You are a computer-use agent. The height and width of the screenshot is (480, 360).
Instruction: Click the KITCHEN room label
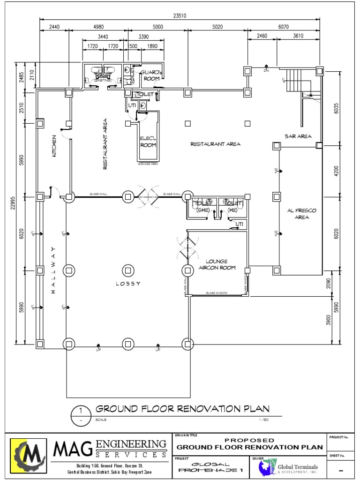click(x=54, y=146)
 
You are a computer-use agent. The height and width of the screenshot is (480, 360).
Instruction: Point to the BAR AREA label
click(x=298, y=136)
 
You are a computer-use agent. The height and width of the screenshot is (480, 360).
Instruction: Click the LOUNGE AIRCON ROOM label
click(x=217, y=264)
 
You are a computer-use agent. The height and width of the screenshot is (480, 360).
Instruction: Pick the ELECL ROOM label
click(x=148, y=142)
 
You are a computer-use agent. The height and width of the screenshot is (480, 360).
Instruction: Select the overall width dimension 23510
click(x=180, y=15)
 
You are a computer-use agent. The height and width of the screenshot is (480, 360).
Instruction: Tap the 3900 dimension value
click(x=329, y=320)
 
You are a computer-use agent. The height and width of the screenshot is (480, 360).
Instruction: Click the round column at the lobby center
click(x=127, y=270)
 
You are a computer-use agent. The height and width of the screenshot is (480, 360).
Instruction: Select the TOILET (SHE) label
click(x=202, y=207)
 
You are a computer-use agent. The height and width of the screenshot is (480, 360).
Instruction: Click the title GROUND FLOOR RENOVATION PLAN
click(x=182, y=408)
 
